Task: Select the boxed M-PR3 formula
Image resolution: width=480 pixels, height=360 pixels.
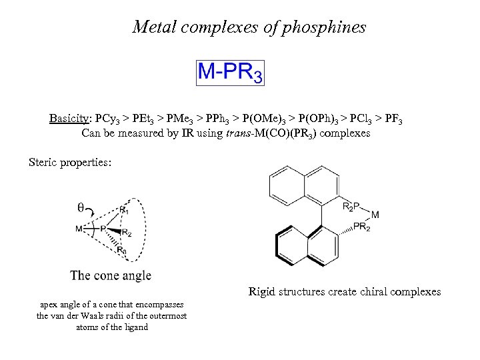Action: [230, 71]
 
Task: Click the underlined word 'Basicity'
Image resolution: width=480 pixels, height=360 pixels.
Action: [69, 119]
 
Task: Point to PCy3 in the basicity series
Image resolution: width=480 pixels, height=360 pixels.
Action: [108, 119]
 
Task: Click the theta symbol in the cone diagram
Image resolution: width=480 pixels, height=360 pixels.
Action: [81, 207]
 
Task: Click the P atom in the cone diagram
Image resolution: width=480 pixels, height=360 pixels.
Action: [103, 229]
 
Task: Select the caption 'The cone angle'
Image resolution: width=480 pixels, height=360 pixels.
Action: [111, 275]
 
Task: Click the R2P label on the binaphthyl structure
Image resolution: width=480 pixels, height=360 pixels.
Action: [352, 207]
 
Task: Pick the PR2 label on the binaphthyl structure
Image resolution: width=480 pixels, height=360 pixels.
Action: [361, 227]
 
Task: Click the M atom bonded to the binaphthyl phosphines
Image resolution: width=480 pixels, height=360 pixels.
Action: [375, 215]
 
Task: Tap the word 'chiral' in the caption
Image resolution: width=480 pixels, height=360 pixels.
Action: [372, 291]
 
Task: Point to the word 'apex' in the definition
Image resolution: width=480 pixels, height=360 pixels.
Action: [51, 305]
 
